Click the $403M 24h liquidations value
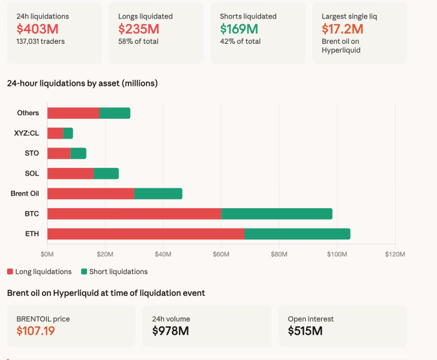(x=37, y=29)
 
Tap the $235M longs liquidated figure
(x=139, y=29)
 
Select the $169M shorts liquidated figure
(x=239, y=29)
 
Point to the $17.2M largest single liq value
(x=342, y=29)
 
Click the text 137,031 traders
(x=41, y=41)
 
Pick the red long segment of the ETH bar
(x=146, y=234)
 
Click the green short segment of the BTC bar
(x=276, y=214)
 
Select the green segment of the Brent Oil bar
(x=158, y=194)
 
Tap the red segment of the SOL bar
(x=70, y=173)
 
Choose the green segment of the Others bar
(x=115, y=113)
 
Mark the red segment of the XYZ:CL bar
(x=55, y=133)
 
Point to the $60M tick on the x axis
(x=221, y=254)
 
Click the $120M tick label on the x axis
(x=394, y=254)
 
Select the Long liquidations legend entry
(x=40, y=272)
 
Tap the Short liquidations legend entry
(x=114, y=272)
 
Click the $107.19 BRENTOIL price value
(x=35, y=331)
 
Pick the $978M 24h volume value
(x=170, y=331)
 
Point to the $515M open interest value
(x=305, y=331)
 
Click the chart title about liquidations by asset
(x=82, y=83)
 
